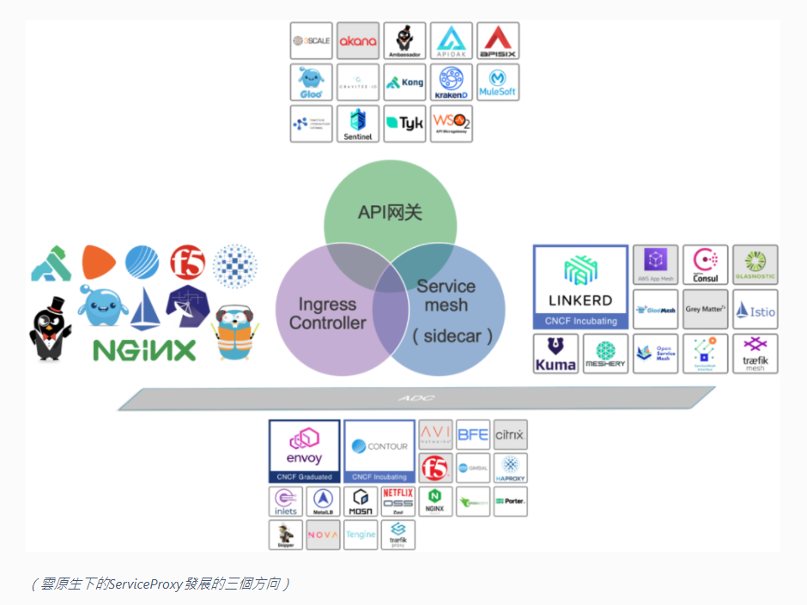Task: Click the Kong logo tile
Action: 404,82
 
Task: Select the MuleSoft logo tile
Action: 498,82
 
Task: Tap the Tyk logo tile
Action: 404,124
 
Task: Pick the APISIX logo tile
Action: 498,40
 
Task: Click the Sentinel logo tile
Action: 358,124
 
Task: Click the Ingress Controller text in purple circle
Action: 327,314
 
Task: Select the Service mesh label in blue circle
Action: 447,296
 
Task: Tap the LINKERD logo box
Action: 580,287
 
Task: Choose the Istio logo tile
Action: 755,310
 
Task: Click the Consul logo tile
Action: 706,265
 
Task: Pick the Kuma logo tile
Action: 555,354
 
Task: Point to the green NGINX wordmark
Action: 144,350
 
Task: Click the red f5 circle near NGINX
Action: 187,263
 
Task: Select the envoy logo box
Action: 304,450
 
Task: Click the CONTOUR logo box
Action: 379,450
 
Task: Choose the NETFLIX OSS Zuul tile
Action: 398,500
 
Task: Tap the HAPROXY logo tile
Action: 510,468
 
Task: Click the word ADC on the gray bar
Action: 417,398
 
